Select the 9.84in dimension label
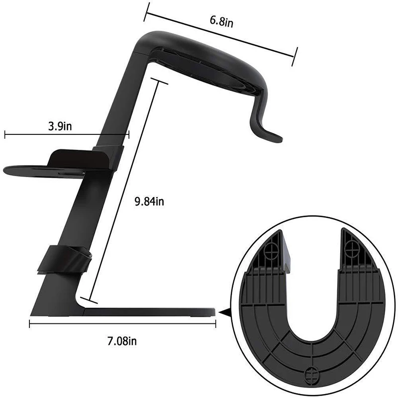(x=149, y=201)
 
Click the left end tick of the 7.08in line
(x=30, y=324)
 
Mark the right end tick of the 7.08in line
(x=215, y=324)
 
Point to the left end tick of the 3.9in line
(x=4, y=133)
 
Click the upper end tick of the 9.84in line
(x=160, y=81)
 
